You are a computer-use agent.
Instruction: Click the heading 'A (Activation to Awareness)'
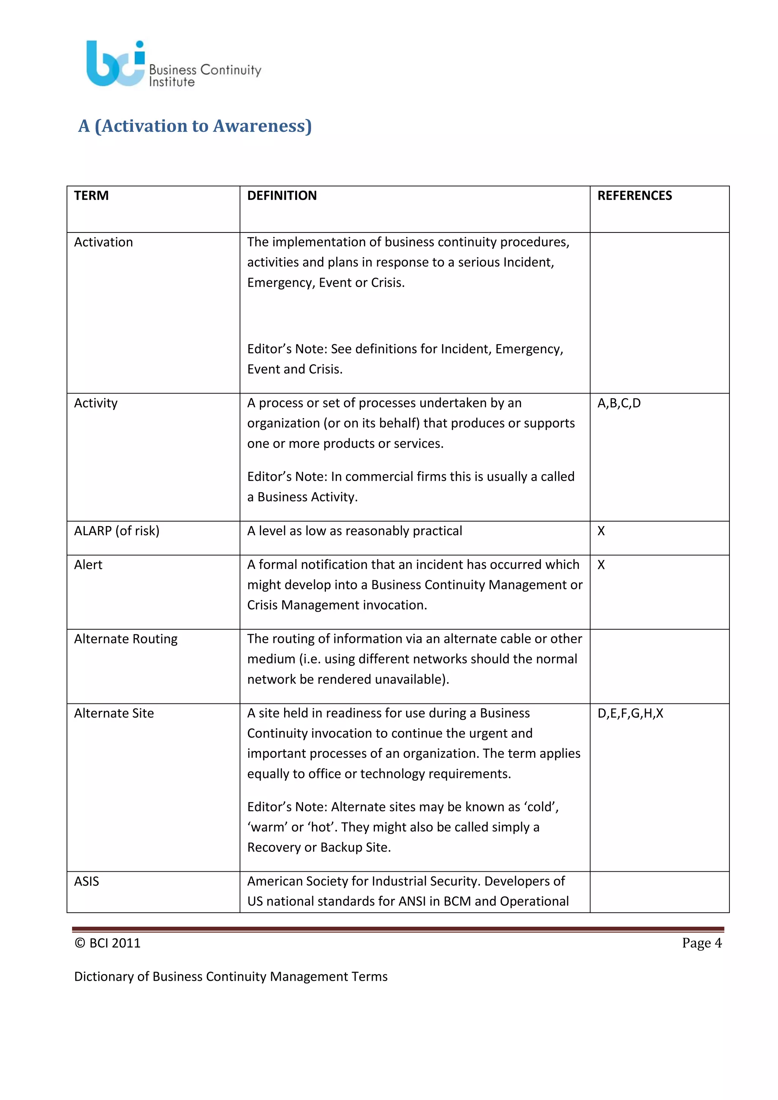pyautogui.click(x=195, y=126)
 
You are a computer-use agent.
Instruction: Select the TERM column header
pyautogui.click(x=92, y=196)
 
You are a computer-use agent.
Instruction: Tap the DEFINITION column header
pyautogui.click(x=282, y=196)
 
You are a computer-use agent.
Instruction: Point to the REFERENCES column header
pyautogui.click(x=634, y=196)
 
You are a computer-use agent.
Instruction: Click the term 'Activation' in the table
pyautogui.click(x=103, y=242)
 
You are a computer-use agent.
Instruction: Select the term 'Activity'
pyautogui.click(x=96, y=403)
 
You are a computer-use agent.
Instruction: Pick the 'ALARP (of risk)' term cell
pyautogui.click(x=117, y=531)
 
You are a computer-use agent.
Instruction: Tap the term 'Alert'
pyautogui.click(x=88, y=565)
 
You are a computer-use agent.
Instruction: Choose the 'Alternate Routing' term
pyautogui.click(x=125, y=639)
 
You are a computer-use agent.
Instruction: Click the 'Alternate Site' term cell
pyautogui.click(x=114, y=713)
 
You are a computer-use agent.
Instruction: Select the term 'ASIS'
pyautogui.click(x=87, y=882)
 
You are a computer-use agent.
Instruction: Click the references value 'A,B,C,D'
pyautogui.click(x=619, y=403)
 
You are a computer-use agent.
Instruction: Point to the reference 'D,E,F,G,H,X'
pyautogui.click(x=630, y=713)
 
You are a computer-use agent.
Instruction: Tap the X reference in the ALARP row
pyautogui.click(x=601, y=531)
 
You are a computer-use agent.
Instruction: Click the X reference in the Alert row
pyautogui.click(x=601, y=565)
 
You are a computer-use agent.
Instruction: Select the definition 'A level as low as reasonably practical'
pyautogui.click(x=354, y=531)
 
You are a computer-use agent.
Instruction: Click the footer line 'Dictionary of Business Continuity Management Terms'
pyautogui.click(x=231, y=977)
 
